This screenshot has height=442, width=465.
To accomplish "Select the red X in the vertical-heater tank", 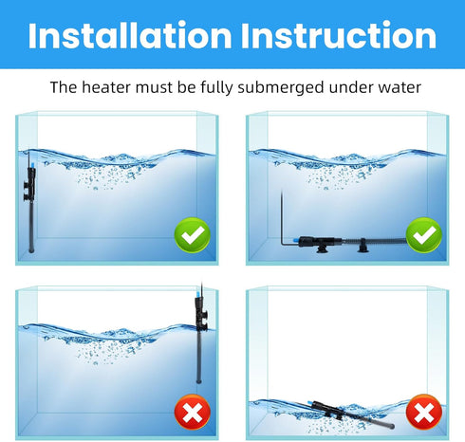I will (195, 411).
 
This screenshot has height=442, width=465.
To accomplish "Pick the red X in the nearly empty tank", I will (423, 411).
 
